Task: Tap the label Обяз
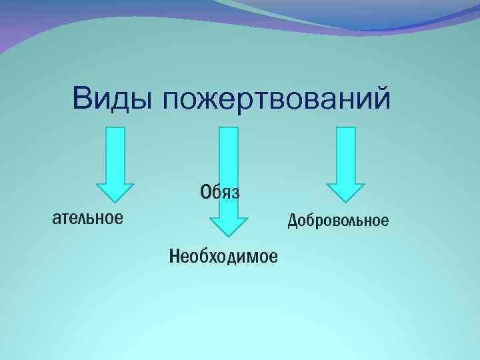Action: (x=219, y=192)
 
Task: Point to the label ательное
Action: (x=87, y=217)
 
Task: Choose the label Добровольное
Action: (x=338, y=220)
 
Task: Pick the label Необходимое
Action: (x=224, y=255)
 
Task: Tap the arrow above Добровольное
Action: (x=345, y=164)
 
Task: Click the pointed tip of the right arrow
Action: (x=345, y=201)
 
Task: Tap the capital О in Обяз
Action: (x=205, y=192)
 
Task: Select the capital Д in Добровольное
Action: (x=292, y=220)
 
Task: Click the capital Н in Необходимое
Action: (x=175, y=255)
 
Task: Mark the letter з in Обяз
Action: (x=234, y=193)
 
